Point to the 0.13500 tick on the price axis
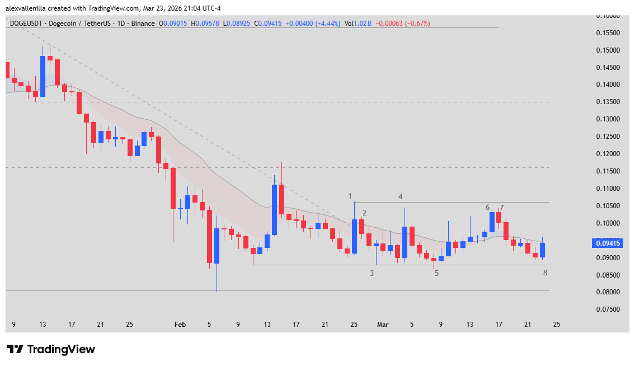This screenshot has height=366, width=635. [x=607, y=102]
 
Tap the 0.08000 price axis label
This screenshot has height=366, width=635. [x=607, y=292]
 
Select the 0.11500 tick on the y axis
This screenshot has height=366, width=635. [x=607, y=171]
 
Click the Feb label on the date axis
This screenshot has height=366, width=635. [x=180, y=324]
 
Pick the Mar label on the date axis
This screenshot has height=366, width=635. [x=383, y=324]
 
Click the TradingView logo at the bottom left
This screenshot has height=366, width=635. [x=51, y=349]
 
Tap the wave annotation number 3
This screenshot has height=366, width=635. [x=371, y=273]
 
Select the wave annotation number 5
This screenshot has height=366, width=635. [x=436, y=273]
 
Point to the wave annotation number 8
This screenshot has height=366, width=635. [x=545, y=273]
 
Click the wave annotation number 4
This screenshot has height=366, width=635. [x=401, y=196]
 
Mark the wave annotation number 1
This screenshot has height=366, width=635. [x=350, y=196]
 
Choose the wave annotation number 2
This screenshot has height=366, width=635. [x=364, y=213]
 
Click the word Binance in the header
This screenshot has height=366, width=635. [x=144, y=24]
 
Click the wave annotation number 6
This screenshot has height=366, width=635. [x=488, y=207]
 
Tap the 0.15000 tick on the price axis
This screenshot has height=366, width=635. [x=607, y=50]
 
